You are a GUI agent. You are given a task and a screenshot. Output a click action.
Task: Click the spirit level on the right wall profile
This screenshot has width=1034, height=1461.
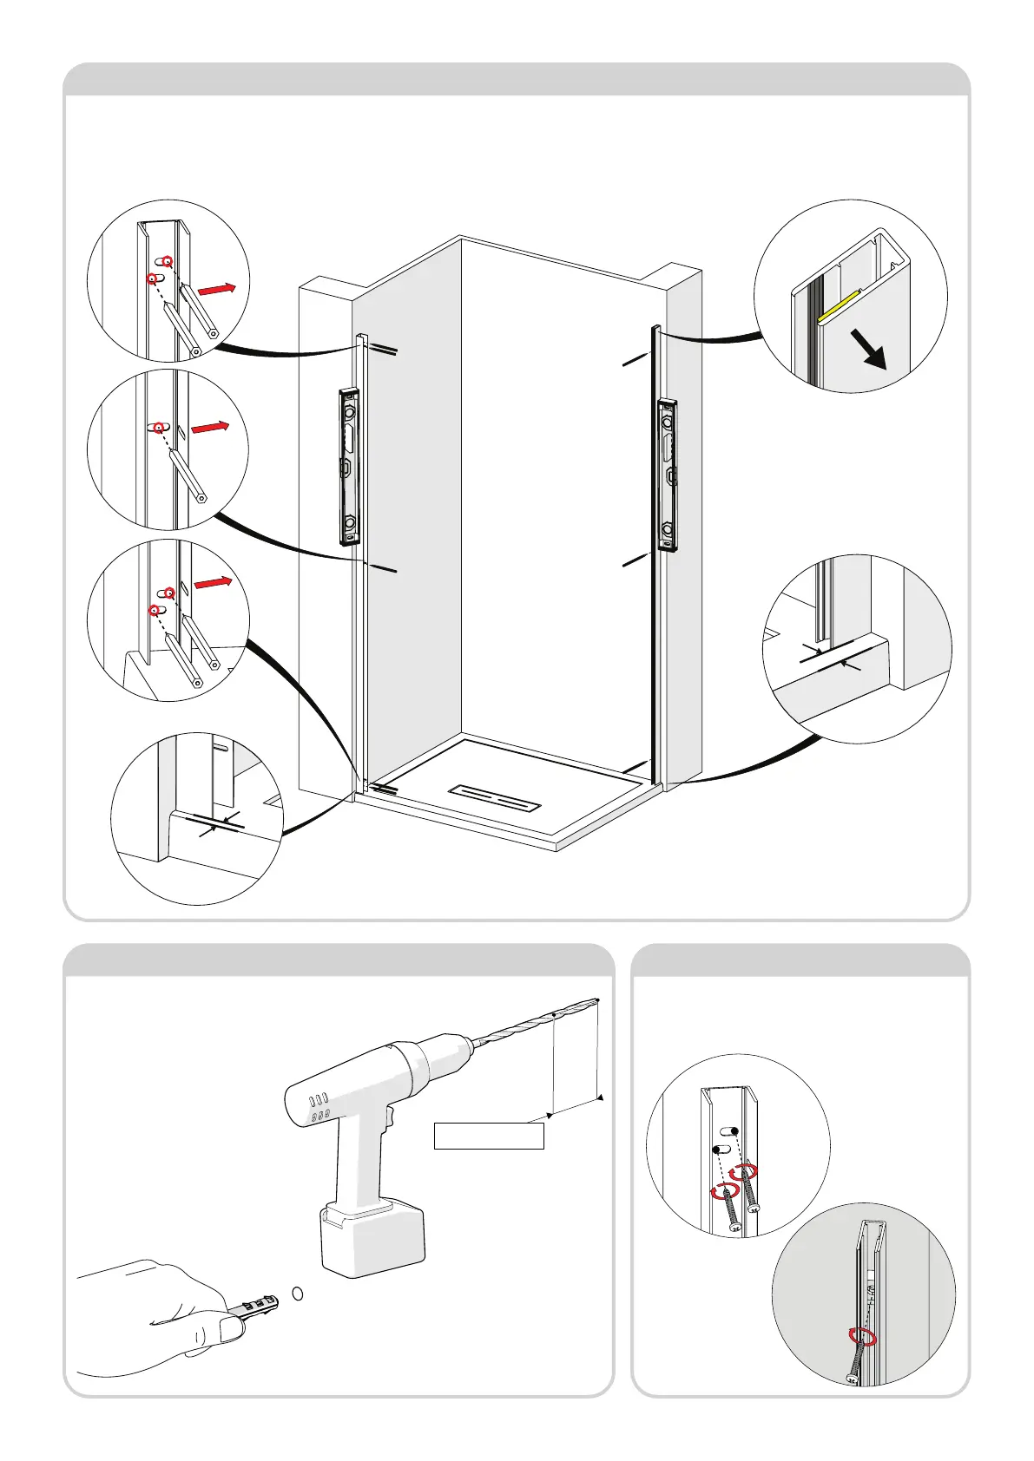(x=668, y=475)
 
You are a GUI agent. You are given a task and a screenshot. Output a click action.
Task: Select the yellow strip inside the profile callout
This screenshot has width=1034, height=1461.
(x=839, y=306)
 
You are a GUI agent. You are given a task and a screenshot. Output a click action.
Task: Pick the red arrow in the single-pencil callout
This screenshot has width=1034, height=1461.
(x=210, y=428)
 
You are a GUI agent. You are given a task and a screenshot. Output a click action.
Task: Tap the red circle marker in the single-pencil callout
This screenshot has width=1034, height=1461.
(x=160, y=427)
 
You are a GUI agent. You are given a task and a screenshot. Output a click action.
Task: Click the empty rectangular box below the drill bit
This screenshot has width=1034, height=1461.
(x=489, y=1137)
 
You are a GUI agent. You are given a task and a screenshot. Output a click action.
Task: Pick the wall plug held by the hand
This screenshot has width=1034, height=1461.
(x=254, y=1304)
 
